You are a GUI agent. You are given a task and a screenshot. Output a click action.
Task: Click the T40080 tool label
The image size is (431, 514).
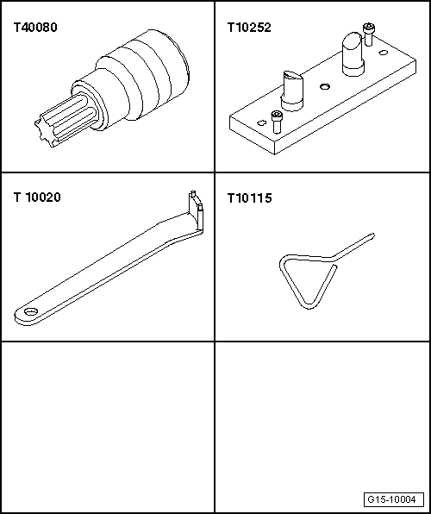35,28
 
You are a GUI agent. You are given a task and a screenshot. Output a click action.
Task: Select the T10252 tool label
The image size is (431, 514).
249,28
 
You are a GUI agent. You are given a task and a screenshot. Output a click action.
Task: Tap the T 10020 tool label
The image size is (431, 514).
37,197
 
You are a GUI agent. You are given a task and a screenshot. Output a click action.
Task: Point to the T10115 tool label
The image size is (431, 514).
249,198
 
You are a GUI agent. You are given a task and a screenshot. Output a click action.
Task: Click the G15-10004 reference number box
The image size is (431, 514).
393,499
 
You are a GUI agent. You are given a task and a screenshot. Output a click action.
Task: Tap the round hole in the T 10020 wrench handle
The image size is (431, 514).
31,311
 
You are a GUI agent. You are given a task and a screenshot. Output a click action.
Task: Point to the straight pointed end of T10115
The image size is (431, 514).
354,246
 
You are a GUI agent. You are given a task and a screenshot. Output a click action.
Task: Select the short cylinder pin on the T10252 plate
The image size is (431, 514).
291,91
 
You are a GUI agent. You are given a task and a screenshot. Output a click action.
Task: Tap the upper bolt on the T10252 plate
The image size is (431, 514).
369,34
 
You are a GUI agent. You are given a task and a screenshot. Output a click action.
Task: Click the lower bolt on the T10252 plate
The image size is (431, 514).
277,122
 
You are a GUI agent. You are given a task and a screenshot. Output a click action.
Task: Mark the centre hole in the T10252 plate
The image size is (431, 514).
324,86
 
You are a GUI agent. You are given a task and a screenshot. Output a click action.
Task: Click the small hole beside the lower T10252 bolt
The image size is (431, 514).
261,123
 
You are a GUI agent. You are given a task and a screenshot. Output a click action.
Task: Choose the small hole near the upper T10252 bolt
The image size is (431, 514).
383,53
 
